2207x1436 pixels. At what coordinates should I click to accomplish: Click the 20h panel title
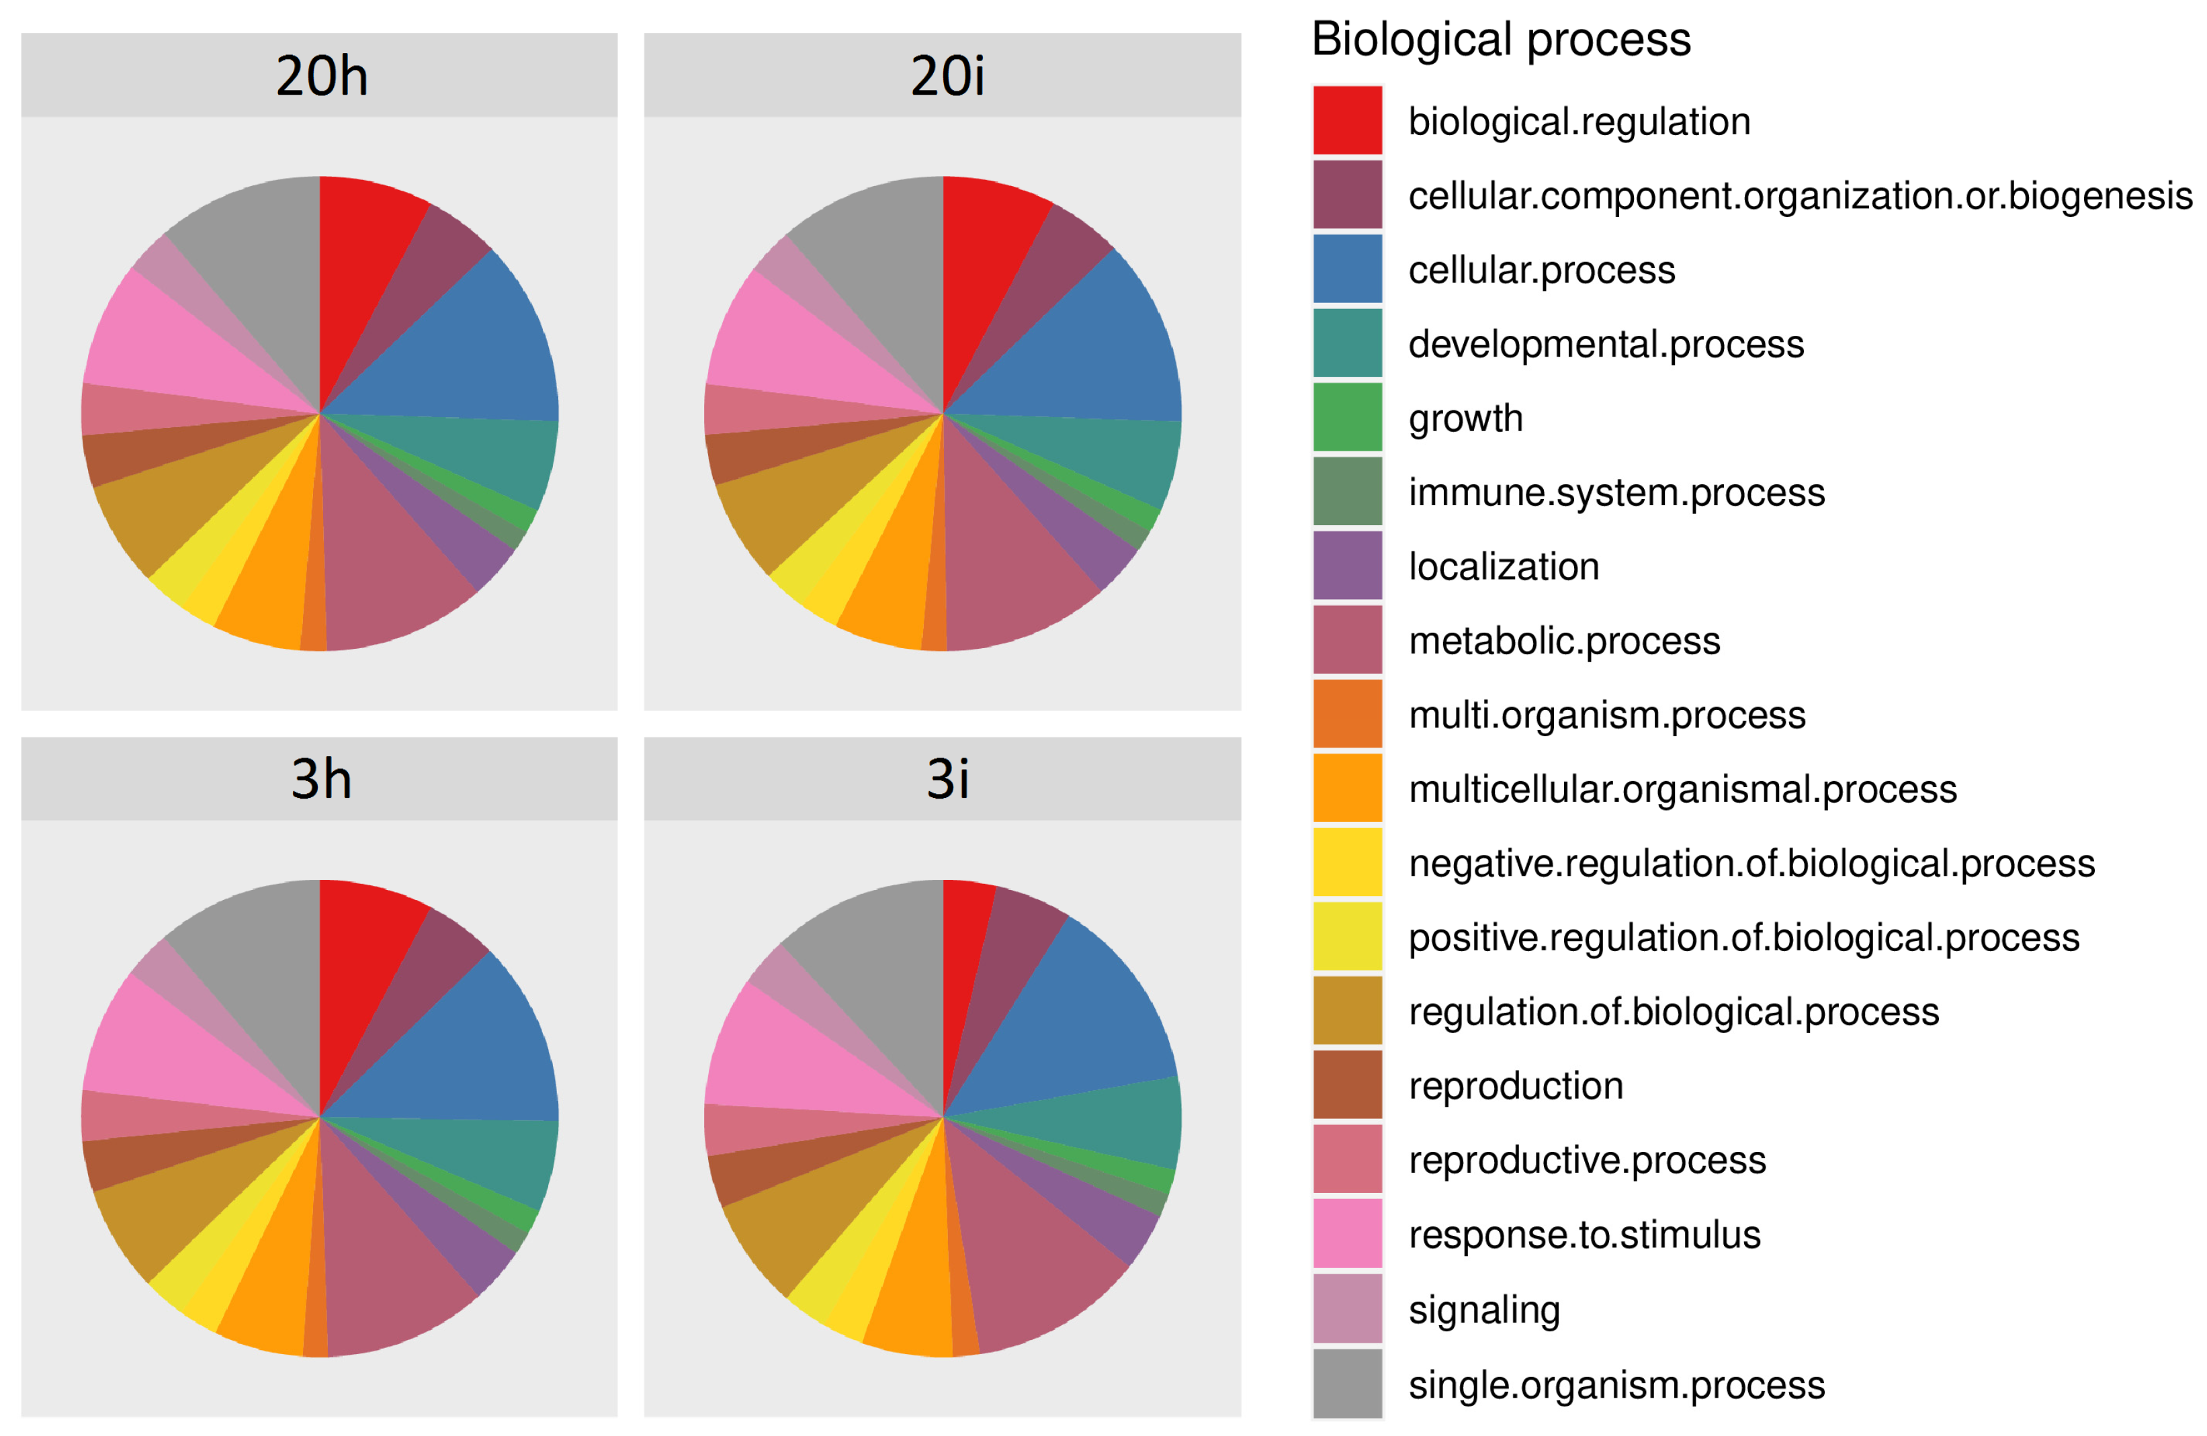click(x=321, y=75)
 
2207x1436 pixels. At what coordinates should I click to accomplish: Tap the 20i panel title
click(x=946, y=75)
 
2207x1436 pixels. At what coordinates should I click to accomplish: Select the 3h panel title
click(x=321, y=778)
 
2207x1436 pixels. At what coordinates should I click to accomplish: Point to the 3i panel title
click(x=946, y=778)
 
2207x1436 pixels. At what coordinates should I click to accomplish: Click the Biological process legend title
click(x=1500, y=40)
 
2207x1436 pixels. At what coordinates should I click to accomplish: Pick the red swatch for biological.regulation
click(x=1346, y=120)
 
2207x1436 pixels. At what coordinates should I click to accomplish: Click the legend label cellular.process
click(x=1541, y=270)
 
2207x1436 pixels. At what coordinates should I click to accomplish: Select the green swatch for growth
click(x=1346, y=417)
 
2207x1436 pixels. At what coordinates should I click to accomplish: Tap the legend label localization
click(x=1503, y=566)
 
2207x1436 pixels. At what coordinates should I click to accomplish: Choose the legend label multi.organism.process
click(x=1606, y=715)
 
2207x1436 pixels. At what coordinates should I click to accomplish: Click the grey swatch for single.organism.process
click(x=1346, y=1383)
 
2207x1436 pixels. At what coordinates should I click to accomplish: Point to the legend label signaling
click(x=1483, y=1309)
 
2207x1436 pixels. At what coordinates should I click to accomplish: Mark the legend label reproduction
click(x=1515, y=1085)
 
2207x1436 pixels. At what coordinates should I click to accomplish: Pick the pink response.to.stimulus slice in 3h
click(x=176, y=1048)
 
